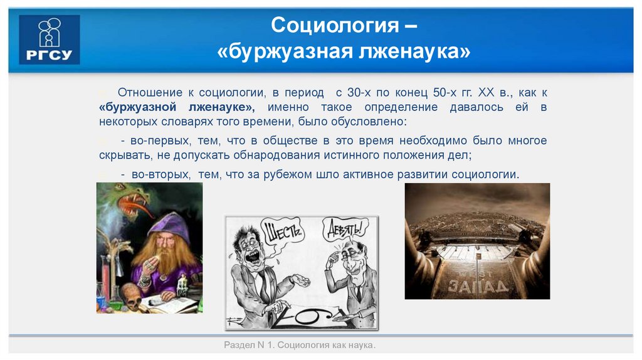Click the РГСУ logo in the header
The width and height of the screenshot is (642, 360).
point(50,40)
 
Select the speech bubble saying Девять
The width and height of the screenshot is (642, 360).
point(344,231)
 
